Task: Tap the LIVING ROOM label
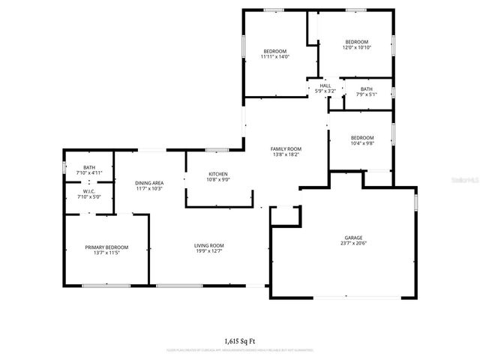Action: pos(209,245)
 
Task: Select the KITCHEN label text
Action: pos(218,175)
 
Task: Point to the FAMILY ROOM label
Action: pos(285,149)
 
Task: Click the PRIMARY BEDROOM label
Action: pos(106,247)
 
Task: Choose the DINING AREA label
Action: pos(149,183)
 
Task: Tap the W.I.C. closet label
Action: pos(89,191)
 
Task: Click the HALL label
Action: pos(325,86)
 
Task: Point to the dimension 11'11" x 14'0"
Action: pos(274,56)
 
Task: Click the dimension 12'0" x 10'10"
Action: pos(356,47)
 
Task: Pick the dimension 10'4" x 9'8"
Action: pos(362,143)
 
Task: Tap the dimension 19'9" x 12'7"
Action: pos(209,251)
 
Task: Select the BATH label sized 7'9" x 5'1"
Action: pos(366,88)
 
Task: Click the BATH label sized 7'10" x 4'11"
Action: pos(89,167)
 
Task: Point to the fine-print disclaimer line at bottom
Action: pos(240,350)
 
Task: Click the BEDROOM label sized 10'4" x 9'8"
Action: pos(362,137)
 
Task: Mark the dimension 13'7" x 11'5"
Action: pos(106,253)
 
